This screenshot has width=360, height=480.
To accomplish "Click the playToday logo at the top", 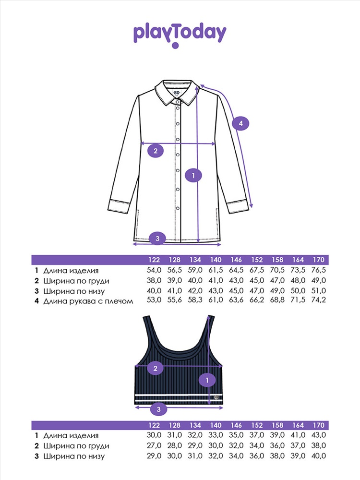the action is [180, 35].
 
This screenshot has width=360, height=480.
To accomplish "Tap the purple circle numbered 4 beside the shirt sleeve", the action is [240, 123].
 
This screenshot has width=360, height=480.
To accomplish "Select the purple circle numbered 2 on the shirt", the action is [156, 151].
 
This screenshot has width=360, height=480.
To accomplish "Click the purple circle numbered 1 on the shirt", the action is [193, 175].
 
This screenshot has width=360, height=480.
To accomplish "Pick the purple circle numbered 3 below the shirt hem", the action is [157, 238].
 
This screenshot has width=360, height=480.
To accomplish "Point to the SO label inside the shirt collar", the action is [176, 93].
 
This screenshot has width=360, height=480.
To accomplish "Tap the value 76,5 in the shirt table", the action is [318, 270].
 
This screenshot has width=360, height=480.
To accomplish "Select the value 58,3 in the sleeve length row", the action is [195, 300].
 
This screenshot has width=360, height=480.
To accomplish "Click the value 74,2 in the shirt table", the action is [318, 300].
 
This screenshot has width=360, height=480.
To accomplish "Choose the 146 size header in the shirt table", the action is [236, 260].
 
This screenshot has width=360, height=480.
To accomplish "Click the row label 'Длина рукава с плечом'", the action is [88, 301].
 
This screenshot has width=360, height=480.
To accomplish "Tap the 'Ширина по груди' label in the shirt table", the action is [76, 281].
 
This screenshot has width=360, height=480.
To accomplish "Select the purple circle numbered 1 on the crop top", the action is [207, 380].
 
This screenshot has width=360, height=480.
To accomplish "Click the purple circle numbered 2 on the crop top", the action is [155, 368].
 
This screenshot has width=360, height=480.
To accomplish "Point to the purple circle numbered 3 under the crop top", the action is [158, 409].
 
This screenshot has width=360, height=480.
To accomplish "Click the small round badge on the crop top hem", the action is [217, 397].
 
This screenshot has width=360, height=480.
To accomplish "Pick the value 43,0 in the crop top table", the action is [318, 435].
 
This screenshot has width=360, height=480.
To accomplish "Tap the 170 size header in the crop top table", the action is [318, 425].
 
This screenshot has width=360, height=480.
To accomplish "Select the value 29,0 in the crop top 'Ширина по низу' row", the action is [154, 456].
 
